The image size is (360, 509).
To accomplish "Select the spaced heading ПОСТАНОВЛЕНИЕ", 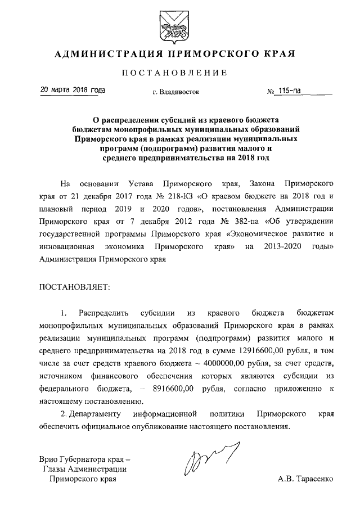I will point(179,74).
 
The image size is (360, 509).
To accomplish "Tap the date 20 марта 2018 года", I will point(72,90).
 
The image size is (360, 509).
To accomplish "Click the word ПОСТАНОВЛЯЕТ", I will point(74,287).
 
